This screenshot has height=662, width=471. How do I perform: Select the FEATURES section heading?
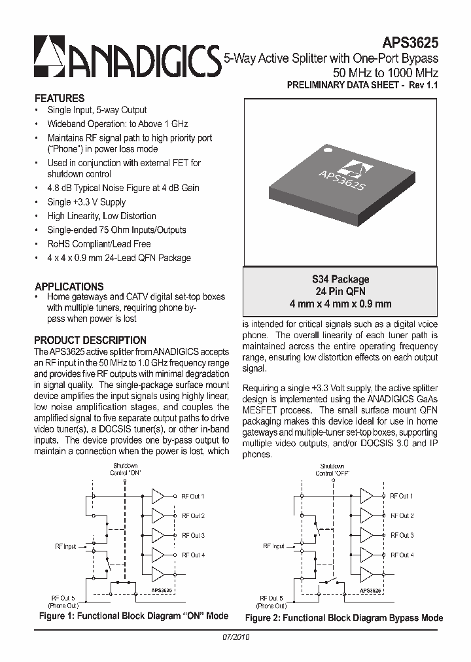pos(59,97)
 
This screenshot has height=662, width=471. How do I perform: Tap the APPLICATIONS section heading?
pos(69,287)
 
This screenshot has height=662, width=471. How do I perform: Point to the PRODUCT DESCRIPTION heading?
pos(90,340)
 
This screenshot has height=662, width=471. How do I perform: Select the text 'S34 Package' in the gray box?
pos(340,279)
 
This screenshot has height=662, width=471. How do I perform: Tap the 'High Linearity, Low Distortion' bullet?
pos(101,216)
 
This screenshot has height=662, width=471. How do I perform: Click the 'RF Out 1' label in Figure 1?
pos(193,496)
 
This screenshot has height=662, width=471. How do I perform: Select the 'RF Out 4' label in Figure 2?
pos(402,555)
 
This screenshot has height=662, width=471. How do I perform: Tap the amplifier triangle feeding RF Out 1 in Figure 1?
pos(158,496)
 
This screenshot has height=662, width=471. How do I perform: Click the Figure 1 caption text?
pos(134,616)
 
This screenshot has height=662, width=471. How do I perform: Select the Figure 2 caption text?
pos(343,618)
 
